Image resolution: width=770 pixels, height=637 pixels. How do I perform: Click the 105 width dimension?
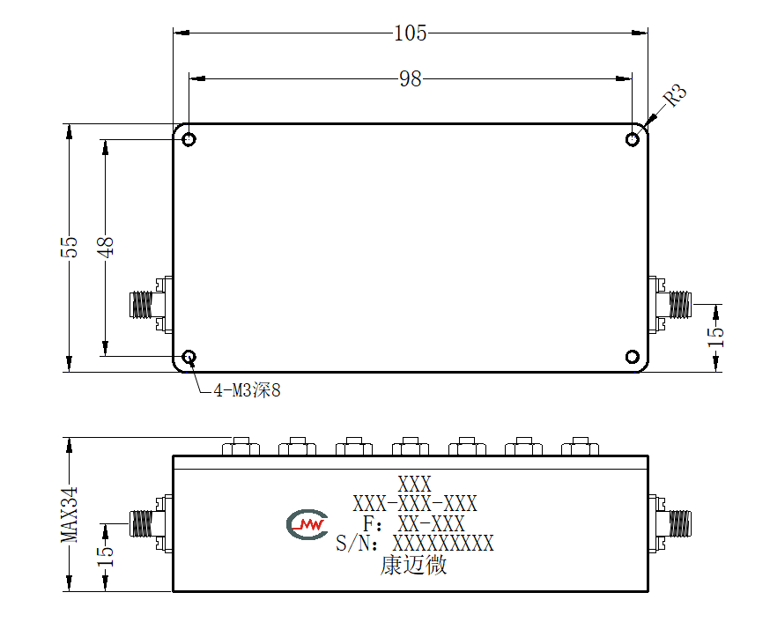point(411,33)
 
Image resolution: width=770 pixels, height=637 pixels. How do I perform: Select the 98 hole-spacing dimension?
point(410,78)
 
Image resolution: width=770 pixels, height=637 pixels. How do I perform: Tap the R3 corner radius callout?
point(675,95)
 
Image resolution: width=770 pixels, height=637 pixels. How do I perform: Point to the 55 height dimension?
point(70,247)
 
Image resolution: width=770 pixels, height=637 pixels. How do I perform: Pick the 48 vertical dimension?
point(105,247)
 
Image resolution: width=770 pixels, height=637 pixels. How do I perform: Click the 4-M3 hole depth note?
point(247,390)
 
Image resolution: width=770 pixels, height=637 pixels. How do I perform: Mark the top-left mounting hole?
point(189,139)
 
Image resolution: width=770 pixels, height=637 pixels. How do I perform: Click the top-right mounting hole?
point(633,139)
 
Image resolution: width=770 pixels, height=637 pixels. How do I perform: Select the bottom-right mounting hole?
point(633,357)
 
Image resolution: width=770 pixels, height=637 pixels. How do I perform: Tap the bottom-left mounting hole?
point(189,357)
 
